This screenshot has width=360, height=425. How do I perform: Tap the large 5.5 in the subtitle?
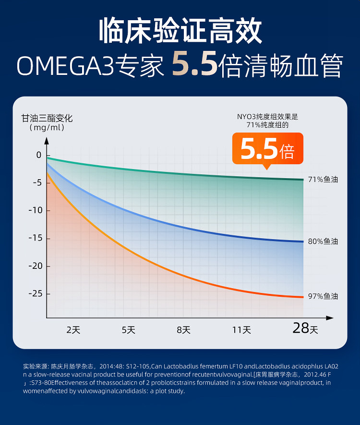click(194, 65)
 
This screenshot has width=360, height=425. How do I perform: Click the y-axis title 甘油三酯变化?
click(47, 118)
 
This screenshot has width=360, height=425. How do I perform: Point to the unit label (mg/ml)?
click(47, 128)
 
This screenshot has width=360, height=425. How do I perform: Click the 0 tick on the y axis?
click(39, 155)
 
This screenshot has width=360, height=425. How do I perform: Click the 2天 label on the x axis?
click(73, 330)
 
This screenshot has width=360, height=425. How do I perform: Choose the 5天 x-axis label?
click(128, 330)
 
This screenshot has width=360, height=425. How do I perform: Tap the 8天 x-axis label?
click(184, 330)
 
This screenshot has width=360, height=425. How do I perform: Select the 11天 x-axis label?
click(241, 330)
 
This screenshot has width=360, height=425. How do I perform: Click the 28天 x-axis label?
click(305, 328)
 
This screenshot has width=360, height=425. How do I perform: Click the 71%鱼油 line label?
click(323, 180)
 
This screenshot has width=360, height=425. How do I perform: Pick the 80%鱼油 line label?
click(323, 241)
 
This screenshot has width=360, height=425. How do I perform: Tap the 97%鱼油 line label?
click(323, 296)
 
